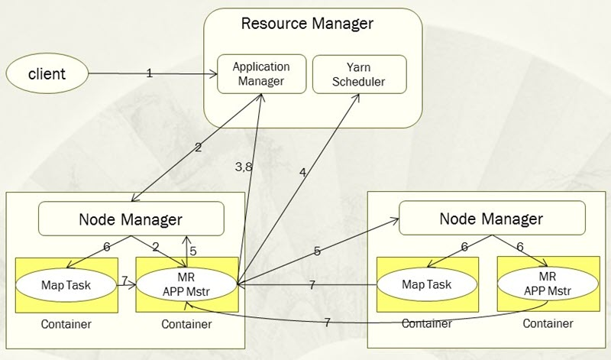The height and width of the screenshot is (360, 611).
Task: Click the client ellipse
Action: [x=47, y=74]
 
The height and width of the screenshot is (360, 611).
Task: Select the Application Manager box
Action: [x=261, y=74]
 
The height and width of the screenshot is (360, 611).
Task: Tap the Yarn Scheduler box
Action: [x=359, y=74]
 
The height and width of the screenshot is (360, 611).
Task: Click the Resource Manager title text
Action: [x=307, y=23]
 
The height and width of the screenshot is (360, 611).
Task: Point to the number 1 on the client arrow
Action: [x=150, y=73]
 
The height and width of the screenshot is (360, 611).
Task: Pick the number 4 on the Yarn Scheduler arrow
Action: [x=303, y=172]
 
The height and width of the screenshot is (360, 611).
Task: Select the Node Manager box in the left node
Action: [x=131, y=219]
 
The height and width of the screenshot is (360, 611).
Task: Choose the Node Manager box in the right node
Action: [x=491, y=219]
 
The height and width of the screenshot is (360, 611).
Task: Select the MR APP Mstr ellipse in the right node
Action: [x=547, y=284]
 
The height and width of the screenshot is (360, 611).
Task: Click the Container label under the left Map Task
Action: [x=67, y=324]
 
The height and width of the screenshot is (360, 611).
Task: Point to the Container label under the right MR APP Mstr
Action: [x=548, y=324]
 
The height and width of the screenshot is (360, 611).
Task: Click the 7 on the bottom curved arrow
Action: [x=327, y=323]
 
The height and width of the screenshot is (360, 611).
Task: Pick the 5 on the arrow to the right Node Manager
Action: [x=315, y=251]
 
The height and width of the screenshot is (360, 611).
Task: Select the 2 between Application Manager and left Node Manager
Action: [x=198, y=147]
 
